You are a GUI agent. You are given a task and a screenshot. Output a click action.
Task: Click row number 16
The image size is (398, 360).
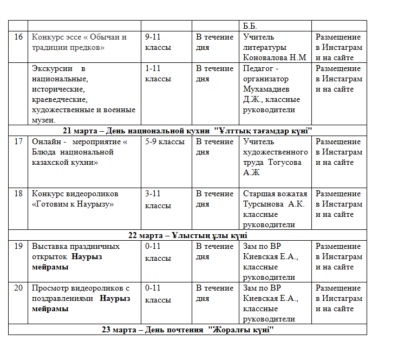coord(18,37)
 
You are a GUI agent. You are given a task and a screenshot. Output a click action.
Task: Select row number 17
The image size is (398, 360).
coord(18,142)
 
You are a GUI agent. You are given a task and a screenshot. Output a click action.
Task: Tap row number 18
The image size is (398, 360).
coord(18,194)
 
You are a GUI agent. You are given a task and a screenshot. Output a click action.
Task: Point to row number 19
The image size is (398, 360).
coord(18,247)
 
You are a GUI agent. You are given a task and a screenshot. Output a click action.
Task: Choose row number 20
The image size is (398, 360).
coord(18,288)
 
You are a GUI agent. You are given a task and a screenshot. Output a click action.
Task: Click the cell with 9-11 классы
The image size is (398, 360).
coord(158,42)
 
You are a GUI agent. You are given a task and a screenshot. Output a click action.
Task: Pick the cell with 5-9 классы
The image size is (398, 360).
coord(165,142)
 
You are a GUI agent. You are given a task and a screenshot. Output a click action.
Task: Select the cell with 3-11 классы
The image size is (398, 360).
coord(158,200)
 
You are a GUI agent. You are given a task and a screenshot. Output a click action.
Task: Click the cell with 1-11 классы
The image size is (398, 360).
coord(158,74)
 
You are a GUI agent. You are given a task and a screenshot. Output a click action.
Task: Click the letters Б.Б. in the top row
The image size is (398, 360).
coord(250,26)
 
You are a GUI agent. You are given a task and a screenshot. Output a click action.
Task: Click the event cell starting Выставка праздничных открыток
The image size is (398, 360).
coord(75,252)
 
